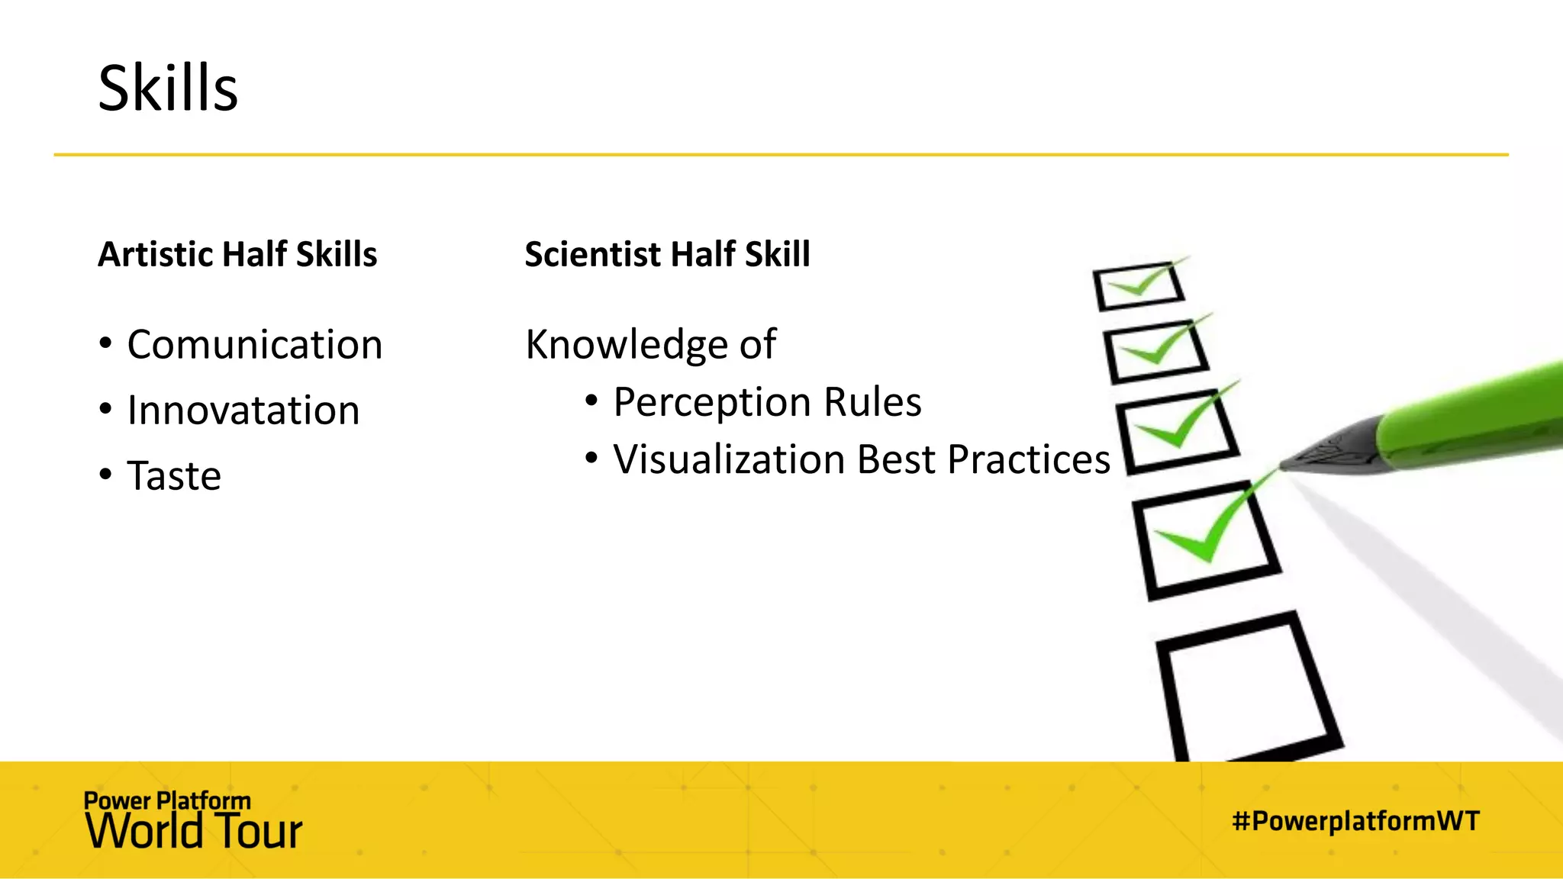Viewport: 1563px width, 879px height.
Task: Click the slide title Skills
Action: (x=168, y=89)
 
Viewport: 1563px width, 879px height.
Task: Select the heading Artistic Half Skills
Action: (x=237, y=254)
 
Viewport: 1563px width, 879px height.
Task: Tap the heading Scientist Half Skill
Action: (x=667, y=254)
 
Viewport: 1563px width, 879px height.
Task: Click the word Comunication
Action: (x=254, y=345)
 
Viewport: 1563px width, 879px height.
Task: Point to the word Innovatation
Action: (x=243, y=411)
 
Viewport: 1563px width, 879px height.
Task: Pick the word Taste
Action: (x=174, y=476)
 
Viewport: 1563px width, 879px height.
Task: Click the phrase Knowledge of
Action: (x=650, y=345)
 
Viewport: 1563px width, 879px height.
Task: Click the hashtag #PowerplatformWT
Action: (x=1355, y=821)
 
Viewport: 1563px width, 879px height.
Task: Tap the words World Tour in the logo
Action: (x=194, y=832)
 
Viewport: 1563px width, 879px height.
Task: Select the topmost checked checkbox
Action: (x=1139, y=286)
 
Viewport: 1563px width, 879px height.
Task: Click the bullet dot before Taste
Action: (x=106, y=475)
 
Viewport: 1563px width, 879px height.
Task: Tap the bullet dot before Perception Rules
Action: (x=591, y=401)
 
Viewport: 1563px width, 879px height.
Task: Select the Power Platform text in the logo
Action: (x=167, y=800)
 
